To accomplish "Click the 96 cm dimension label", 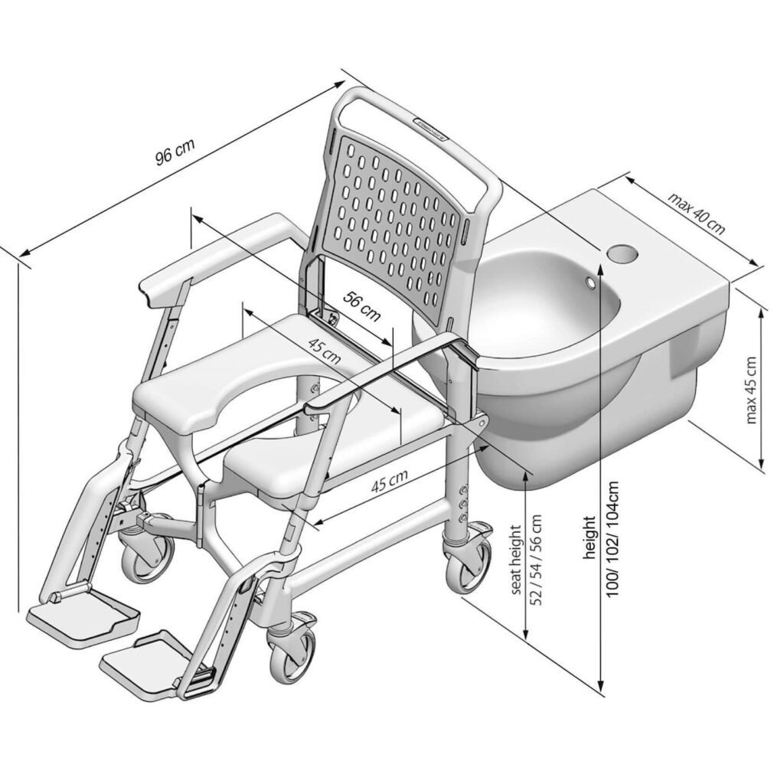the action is (x=174, y=151).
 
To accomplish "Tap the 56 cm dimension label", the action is (x=361, y=306).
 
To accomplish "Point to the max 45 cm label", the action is (x=750, y=390).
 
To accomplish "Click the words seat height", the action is (x=515, y=559).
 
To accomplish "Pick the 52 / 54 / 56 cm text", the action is (x=536, y=560).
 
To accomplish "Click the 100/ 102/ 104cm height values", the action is (x=613, y=538).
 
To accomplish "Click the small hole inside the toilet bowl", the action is (x=592, y=283).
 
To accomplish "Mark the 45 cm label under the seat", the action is (x=390, y=481).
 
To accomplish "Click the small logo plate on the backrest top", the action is (x=430, y=130).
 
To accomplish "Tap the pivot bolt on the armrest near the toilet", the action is (x=482, y=423).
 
